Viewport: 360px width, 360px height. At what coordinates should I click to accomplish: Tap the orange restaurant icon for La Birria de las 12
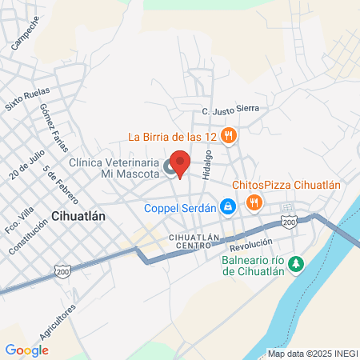click(x=229, y=136)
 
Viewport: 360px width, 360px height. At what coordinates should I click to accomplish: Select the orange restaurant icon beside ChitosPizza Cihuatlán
click(x=254, y=202)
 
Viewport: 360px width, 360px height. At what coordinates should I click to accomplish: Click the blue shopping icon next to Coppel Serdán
click(x=228, y=207)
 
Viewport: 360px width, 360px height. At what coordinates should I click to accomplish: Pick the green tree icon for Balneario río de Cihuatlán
click(x=296, y=262)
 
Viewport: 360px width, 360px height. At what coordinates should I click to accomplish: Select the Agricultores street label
click(x=66, y=323)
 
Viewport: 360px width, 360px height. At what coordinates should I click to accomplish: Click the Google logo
click(x=27, y=350)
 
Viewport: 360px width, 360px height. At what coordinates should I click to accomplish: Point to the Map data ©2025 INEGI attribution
click(x=313, y=354)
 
